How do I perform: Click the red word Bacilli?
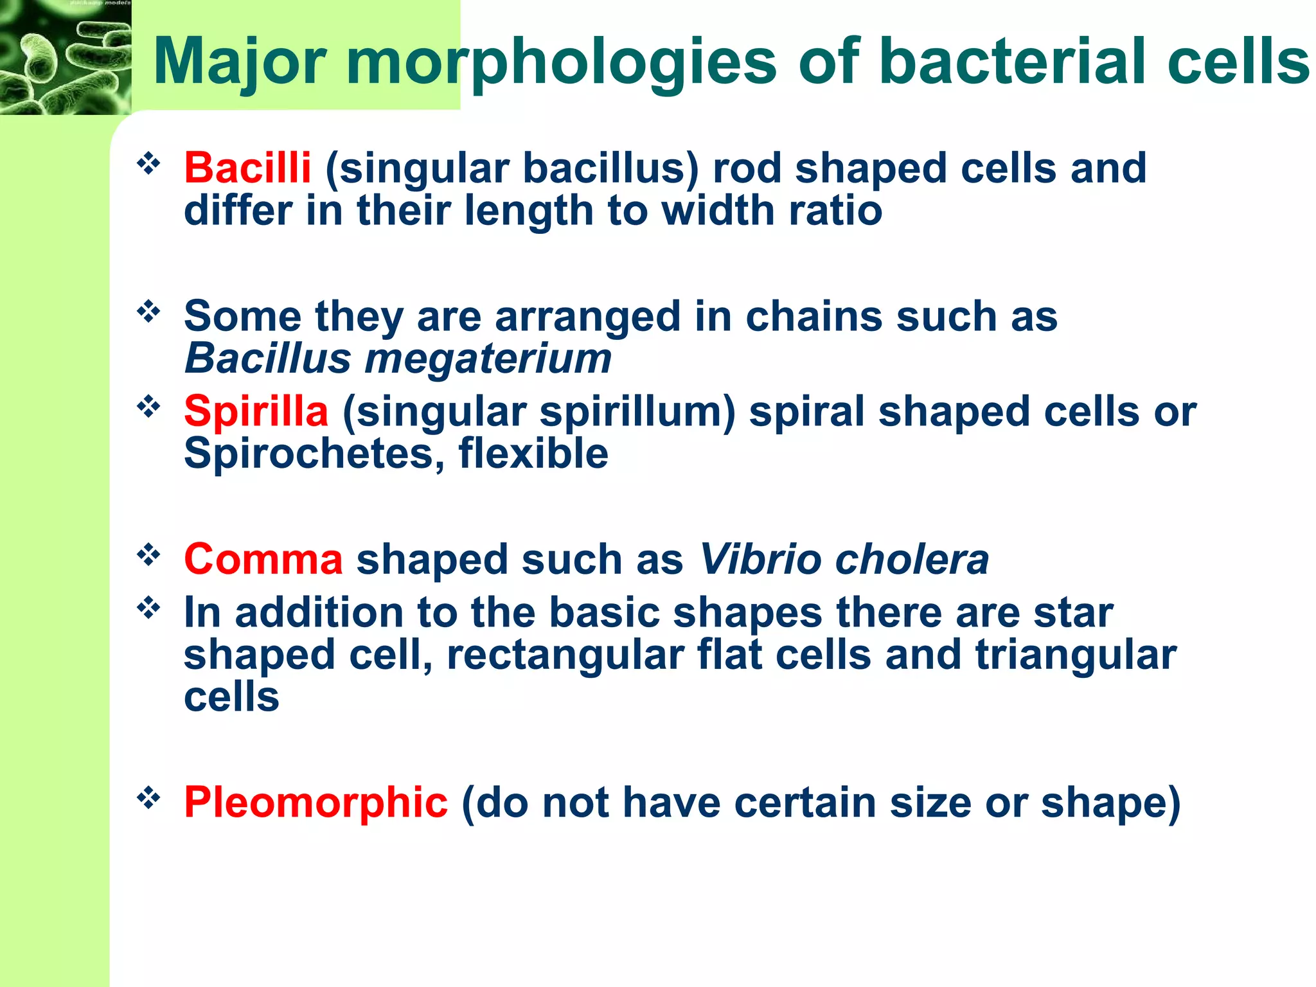[x=247, y=168]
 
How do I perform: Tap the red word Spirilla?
[x=256, y=411]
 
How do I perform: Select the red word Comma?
[x=263, y=559]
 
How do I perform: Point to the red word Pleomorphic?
[x=316, y=803]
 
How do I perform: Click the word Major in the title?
[x=240, y=62]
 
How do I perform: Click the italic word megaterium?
[x=488, y=358]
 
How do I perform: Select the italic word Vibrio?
[x=759, y=559]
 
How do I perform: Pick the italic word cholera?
[x=912, y=559]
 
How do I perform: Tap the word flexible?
[x=533, y=454]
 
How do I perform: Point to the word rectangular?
[x=565, y=655]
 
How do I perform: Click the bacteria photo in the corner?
[x=65, y=58]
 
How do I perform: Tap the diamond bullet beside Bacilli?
[x=148, y=164]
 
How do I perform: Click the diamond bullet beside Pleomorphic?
[x=148, y=798]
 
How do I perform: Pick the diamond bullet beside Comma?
[x=148, y=555]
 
